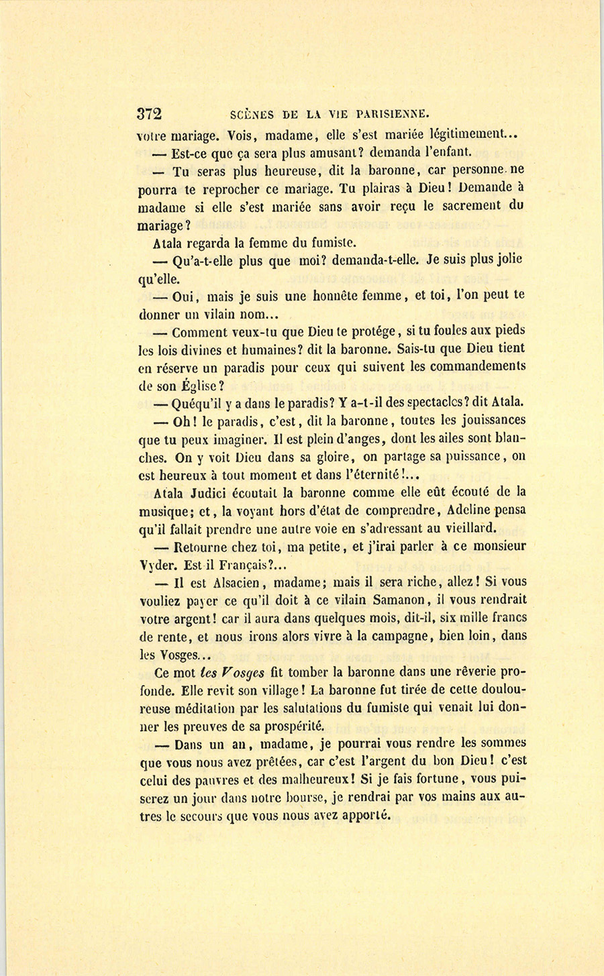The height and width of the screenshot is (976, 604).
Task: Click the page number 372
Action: point(150,113)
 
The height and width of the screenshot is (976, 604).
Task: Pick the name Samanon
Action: point(395,600)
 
